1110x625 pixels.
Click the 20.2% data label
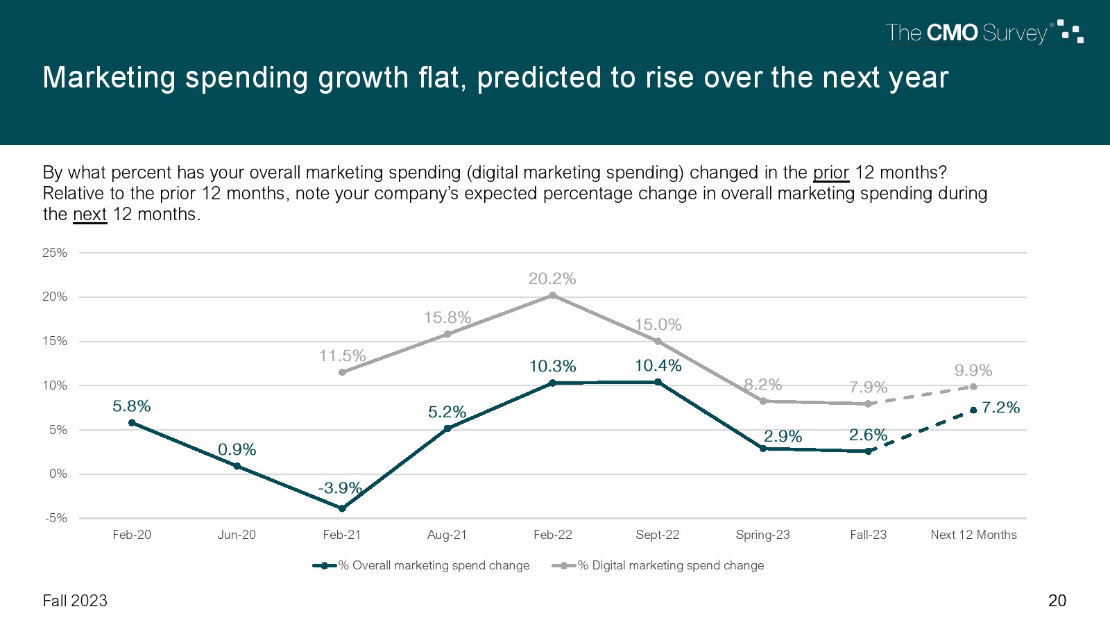pos(552,278)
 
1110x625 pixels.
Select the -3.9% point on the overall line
pos(342,508)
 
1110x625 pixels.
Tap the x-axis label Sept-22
pos(658,535)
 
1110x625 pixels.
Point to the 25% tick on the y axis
pos(55,253)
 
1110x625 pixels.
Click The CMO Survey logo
pos(984,33)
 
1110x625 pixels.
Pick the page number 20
pos(1057,601)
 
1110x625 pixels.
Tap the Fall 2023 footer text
pos(75,601)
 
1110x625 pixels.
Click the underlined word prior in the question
pos(830,172)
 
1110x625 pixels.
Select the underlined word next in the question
pos(89,214)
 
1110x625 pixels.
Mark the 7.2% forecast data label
pos(1000,408)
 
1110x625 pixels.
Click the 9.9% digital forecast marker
pos(973,387)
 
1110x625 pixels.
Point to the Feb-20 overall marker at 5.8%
pos(132,422)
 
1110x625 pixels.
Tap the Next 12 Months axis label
pos(973,535)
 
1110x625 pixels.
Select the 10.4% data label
pos(658,365)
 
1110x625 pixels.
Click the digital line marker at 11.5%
pos(342,372)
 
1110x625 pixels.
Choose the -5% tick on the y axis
pos(56,518)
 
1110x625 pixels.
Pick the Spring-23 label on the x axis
pos(762,535)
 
